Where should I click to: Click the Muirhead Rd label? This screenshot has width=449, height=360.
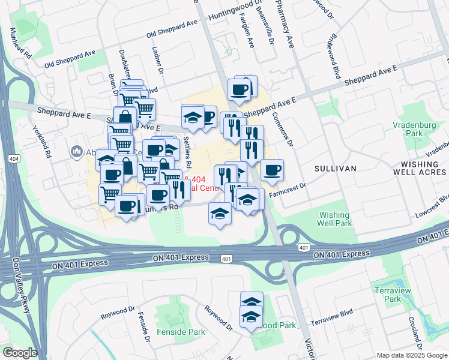coord(27,46)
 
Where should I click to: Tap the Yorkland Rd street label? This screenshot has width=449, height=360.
coord(47,145)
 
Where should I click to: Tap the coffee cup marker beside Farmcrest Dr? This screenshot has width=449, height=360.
coord(271,170)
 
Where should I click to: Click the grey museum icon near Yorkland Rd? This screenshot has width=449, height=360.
coord(76,151)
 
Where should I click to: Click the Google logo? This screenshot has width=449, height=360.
coord(20,353)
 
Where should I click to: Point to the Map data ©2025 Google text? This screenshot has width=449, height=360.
coord(411,355)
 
